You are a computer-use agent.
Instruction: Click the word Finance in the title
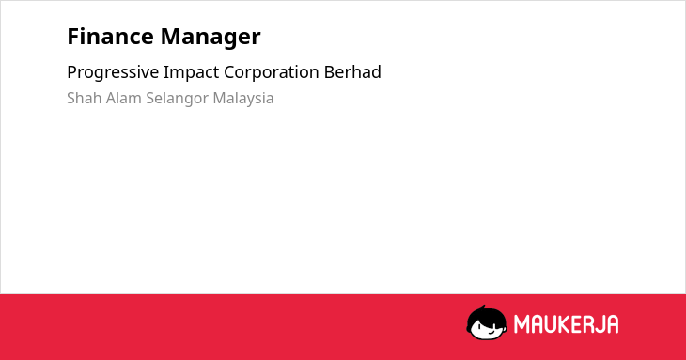tap(110, 37)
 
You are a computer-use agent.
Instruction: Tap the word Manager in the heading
tap(210, 38)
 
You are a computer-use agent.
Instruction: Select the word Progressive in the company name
tap(113, 72)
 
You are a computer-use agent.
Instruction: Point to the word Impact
tap(191, 72)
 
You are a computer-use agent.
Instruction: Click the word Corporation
tap(272, 72)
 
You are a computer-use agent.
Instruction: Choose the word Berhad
tap(352, 72)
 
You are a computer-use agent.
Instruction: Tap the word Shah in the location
tap(85, 98)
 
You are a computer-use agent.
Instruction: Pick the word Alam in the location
tap(124, 98)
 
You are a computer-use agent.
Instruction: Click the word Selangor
tap(178, 99)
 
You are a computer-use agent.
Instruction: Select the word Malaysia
tap(243, 99)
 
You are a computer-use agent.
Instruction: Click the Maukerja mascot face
tap(487, 322)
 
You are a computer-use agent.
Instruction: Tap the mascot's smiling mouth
tap(491, 332)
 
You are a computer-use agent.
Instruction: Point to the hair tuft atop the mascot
tap(483, 307)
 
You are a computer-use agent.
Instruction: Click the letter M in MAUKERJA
tap(521, 324)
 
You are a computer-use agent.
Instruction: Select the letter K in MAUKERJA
tap(566, 324)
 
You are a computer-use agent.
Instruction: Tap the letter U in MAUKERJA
tap(551, 324)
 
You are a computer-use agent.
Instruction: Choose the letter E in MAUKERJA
tap(575, 324)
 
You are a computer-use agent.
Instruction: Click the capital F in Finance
tap(73, 37)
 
